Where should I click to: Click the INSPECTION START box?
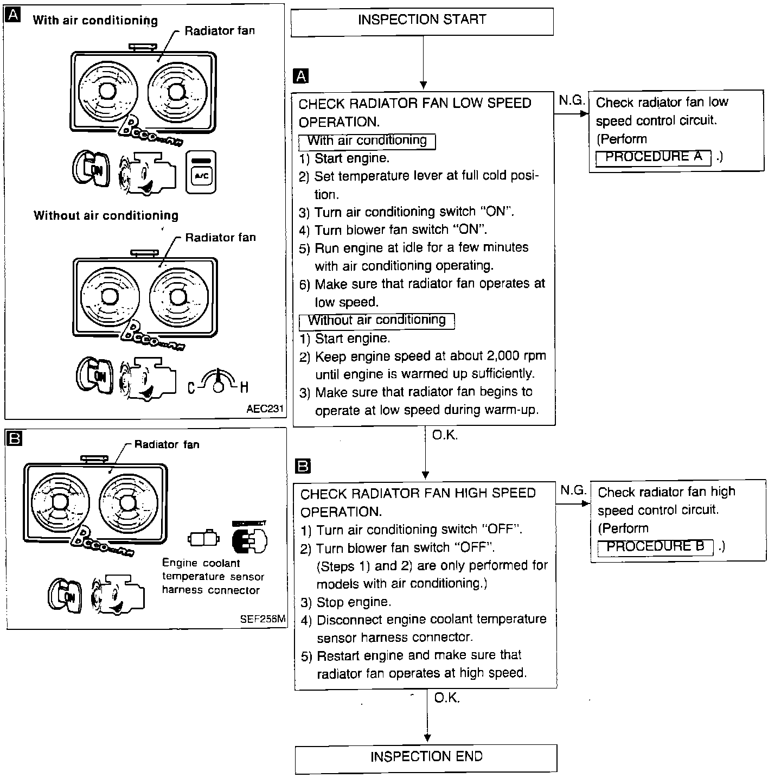pos(422,21)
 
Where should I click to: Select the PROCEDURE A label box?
pos(653,157)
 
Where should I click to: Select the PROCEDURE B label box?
pos(655,547)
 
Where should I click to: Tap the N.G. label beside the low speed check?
pos(571,100)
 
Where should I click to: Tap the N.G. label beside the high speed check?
pos(573,490)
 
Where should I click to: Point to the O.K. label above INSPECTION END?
pos(447,698)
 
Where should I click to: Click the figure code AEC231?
pos(265,409)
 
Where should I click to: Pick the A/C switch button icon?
pos(201,172)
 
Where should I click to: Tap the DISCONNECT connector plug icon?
pos(249,539)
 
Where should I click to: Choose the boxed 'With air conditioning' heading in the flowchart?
pos(367,141)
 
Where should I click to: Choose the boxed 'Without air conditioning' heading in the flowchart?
pos(376,321)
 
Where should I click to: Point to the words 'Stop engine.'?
pos(354,602)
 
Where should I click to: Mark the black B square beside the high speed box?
pos(303,466)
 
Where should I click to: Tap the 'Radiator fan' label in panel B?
pos(167,445)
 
